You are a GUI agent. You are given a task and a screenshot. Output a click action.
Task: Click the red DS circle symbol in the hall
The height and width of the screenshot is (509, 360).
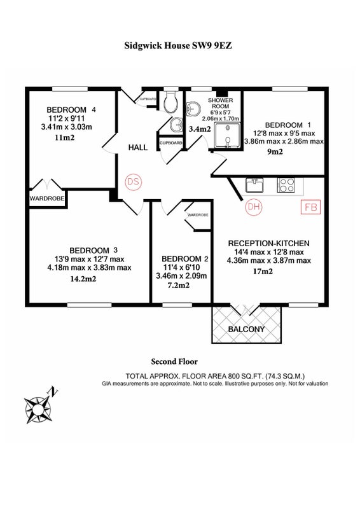click(x=134, y=181)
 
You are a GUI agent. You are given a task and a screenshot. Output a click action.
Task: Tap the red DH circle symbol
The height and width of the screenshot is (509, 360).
click(x=254, y=206)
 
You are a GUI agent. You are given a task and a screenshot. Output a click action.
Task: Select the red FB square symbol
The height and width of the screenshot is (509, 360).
click(x=310, y=207)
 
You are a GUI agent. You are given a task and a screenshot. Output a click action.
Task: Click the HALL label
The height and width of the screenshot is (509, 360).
click(x=138, y=148)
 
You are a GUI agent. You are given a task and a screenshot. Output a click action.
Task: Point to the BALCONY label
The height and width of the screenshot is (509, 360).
click(x=246, y=329)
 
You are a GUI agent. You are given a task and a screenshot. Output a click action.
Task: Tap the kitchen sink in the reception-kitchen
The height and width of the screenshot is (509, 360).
click(x=254, y=185)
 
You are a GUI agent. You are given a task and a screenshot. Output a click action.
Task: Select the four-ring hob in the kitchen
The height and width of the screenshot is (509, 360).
click(x=286, y=185)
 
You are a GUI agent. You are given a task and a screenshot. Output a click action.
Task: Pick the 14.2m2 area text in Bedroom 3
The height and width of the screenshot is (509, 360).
click(x=83, y=279)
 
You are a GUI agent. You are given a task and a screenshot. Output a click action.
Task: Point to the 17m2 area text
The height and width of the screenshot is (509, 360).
click(x=263, y=272)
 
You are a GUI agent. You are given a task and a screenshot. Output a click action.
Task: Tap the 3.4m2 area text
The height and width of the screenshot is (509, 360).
click(x=200, y=129)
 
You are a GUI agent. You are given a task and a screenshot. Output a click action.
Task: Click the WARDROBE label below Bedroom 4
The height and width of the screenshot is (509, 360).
click(x=47, y=199)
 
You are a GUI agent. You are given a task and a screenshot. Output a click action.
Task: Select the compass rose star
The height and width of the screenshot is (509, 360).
click(x=38, y=410)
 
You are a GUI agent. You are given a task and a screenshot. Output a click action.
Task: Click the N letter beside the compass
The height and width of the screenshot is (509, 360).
click(x=53, y=391)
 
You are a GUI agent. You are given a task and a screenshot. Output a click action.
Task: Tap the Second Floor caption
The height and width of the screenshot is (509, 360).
click(x=174, y=361)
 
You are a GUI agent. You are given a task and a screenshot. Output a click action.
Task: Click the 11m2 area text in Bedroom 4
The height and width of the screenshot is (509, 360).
click(x=65, y=137)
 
